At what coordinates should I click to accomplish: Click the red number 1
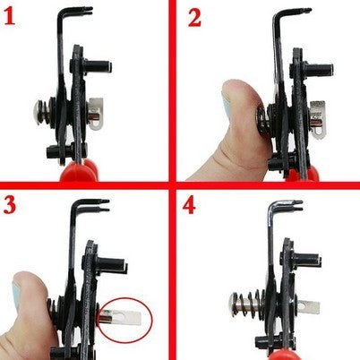click(10, 17)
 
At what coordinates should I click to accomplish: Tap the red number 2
click(194, 18)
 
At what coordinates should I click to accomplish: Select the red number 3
click(10, 205)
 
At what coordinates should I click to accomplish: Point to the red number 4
click(189, 205)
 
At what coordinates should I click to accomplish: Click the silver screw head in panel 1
click(38, 112)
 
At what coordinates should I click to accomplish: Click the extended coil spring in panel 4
click(250, 303)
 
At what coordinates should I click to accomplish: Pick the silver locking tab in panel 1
click(96, 114)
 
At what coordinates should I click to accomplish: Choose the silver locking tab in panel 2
click(318, 119)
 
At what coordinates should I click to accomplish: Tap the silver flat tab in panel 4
click(307, 307)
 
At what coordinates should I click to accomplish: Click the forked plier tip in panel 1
click(87, 11)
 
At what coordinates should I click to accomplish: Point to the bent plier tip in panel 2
click(304, 12)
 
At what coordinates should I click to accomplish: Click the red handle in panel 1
click(79, 171)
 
